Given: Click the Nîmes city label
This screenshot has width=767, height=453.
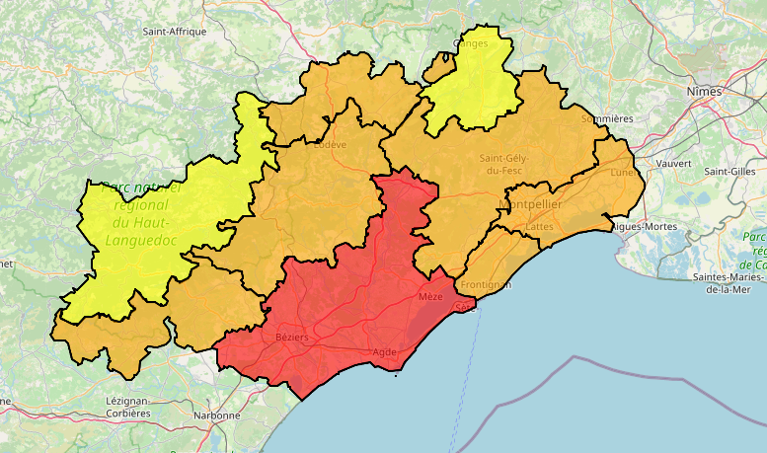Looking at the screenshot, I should [x=704, y=92].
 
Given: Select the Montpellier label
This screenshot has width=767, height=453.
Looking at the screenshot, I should [x=531, y=204].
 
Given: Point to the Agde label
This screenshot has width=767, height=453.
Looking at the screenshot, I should [x=384, y=352].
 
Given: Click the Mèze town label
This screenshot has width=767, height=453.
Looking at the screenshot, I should [x=430, y=297].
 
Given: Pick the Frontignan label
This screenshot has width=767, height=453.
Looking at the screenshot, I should [x=487, y=285].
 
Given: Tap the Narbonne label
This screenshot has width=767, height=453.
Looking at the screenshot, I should [x=218, y=415].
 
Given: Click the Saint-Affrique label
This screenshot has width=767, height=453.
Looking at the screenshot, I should [x=175, y=32].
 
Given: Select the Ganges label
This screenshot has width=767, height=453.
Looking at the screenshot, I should [x=470, y=43].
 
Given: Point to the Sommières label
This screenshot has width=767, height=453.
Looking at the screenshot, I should [x=607, y=118].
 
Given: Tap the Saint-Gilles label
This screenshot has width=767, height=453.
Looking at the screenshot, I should [x=729, y=171].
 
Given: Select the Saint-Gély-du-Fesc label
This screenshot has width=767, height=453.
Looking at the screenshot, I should [x=504, y=164].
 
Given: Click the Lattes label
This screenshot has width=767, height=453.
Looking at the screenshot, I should [x=540, y=226].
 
